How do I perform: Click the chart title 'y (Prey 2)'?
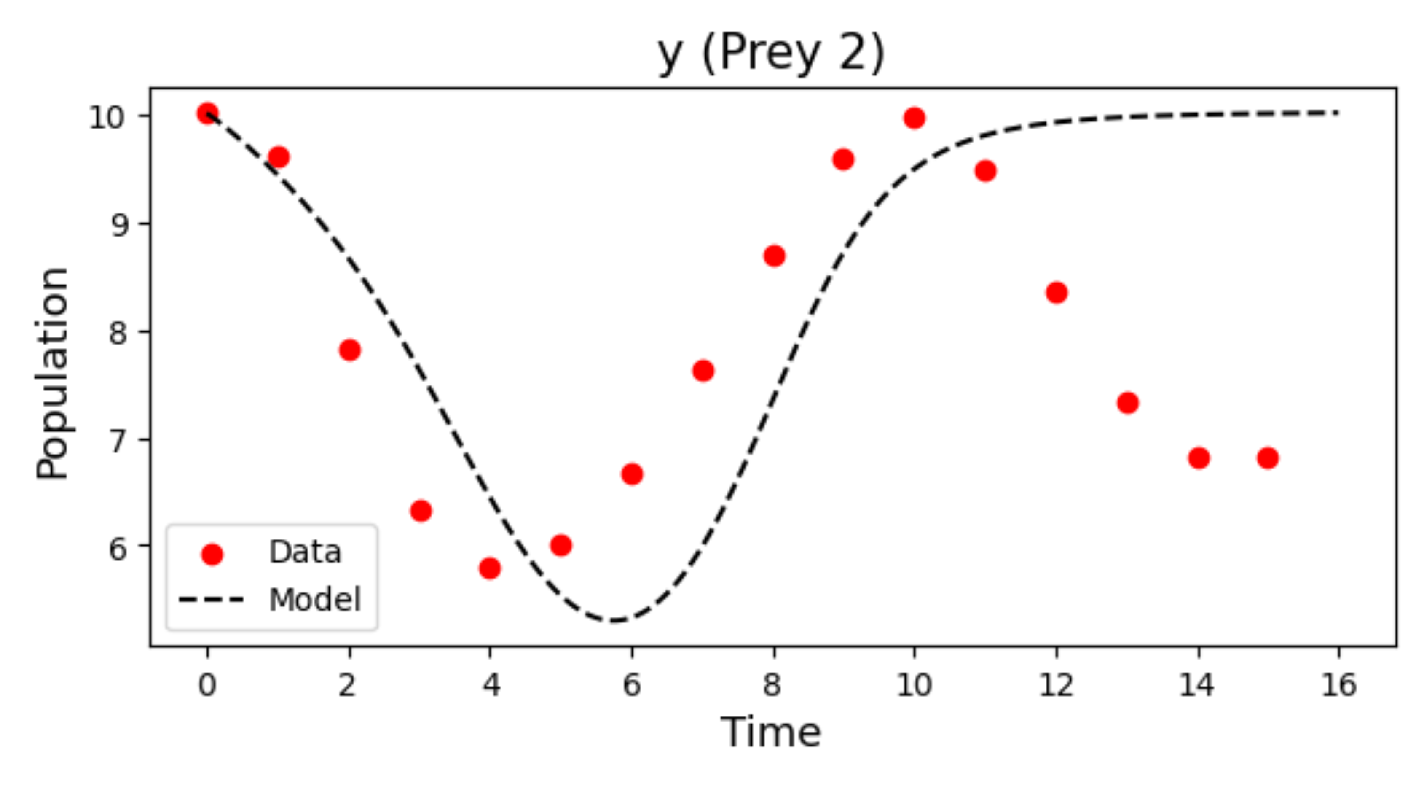(771, 54)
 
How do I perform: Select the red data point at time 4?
(490, 568)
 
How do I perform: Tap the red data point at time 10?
(914, 118)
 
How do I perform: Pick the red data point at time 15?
(1268, 458)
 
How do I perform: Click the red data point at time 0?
(207, 113)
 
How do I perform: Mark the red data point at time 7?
(703, 371)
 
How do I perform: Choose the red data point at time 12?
(1057, 293)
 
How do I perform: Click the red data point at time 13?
(1127, 403)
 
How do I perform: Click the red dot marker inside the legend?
(212, 555)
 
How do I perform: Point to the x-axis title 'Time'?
(771, 732)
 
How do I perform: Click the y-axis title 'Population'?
(52, 374)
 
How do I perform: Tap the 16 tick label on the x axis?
(1338, 685)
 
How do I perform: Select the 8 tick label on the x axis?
(772, 685)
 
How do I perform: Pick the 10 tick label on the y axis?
(108, 117)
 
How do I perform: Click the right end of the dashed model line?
(1338, 113)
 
